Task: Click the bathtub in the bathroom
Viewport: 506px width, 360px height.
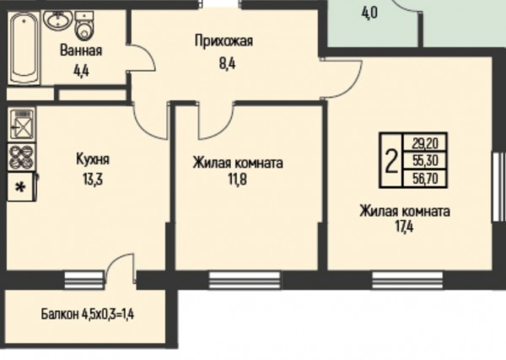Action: point(24,48)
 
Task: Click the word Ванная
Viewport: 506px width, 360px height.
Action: point(81,51)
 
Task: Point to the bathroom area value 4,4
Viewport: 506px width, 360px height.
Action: point(81,71)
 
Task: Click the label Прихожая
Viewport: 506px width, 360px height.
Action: point(223,41)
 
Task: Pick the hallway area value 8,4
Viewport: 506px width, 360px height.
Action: point(228,63)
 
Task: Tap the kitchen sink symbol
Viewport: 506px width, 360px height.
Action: point(21,124)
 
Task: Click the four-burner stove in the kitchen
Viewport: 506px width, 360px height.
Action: point(21,157)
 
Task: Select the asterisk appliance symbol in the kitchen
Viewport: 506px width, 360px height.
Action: point(21,187)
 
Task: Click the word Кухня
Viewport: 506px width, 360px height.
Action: point(93,159)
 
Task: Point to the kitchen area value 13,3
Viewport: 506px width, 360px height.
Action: point(93,180)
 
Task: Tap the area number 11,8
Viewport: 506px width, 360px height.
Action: point(238,180)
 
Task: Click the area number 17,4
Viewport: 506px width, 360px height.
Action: point(404,227)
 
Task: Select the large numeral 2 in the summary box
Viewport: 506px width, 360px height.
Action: point(391,161)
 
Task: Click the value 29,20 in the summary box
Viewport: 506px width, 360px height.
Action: point(425,143)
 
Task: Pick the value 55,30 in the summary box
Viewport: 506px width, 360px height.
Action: point(425,160)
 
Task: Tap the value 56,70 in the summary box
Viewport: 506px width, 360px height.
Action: point(425,178)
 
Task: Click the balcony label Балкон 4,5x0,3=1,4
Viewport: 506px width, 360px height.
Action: point(88,314)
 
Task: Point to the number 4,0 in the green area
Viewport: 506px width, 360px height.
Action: point(370,13)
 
